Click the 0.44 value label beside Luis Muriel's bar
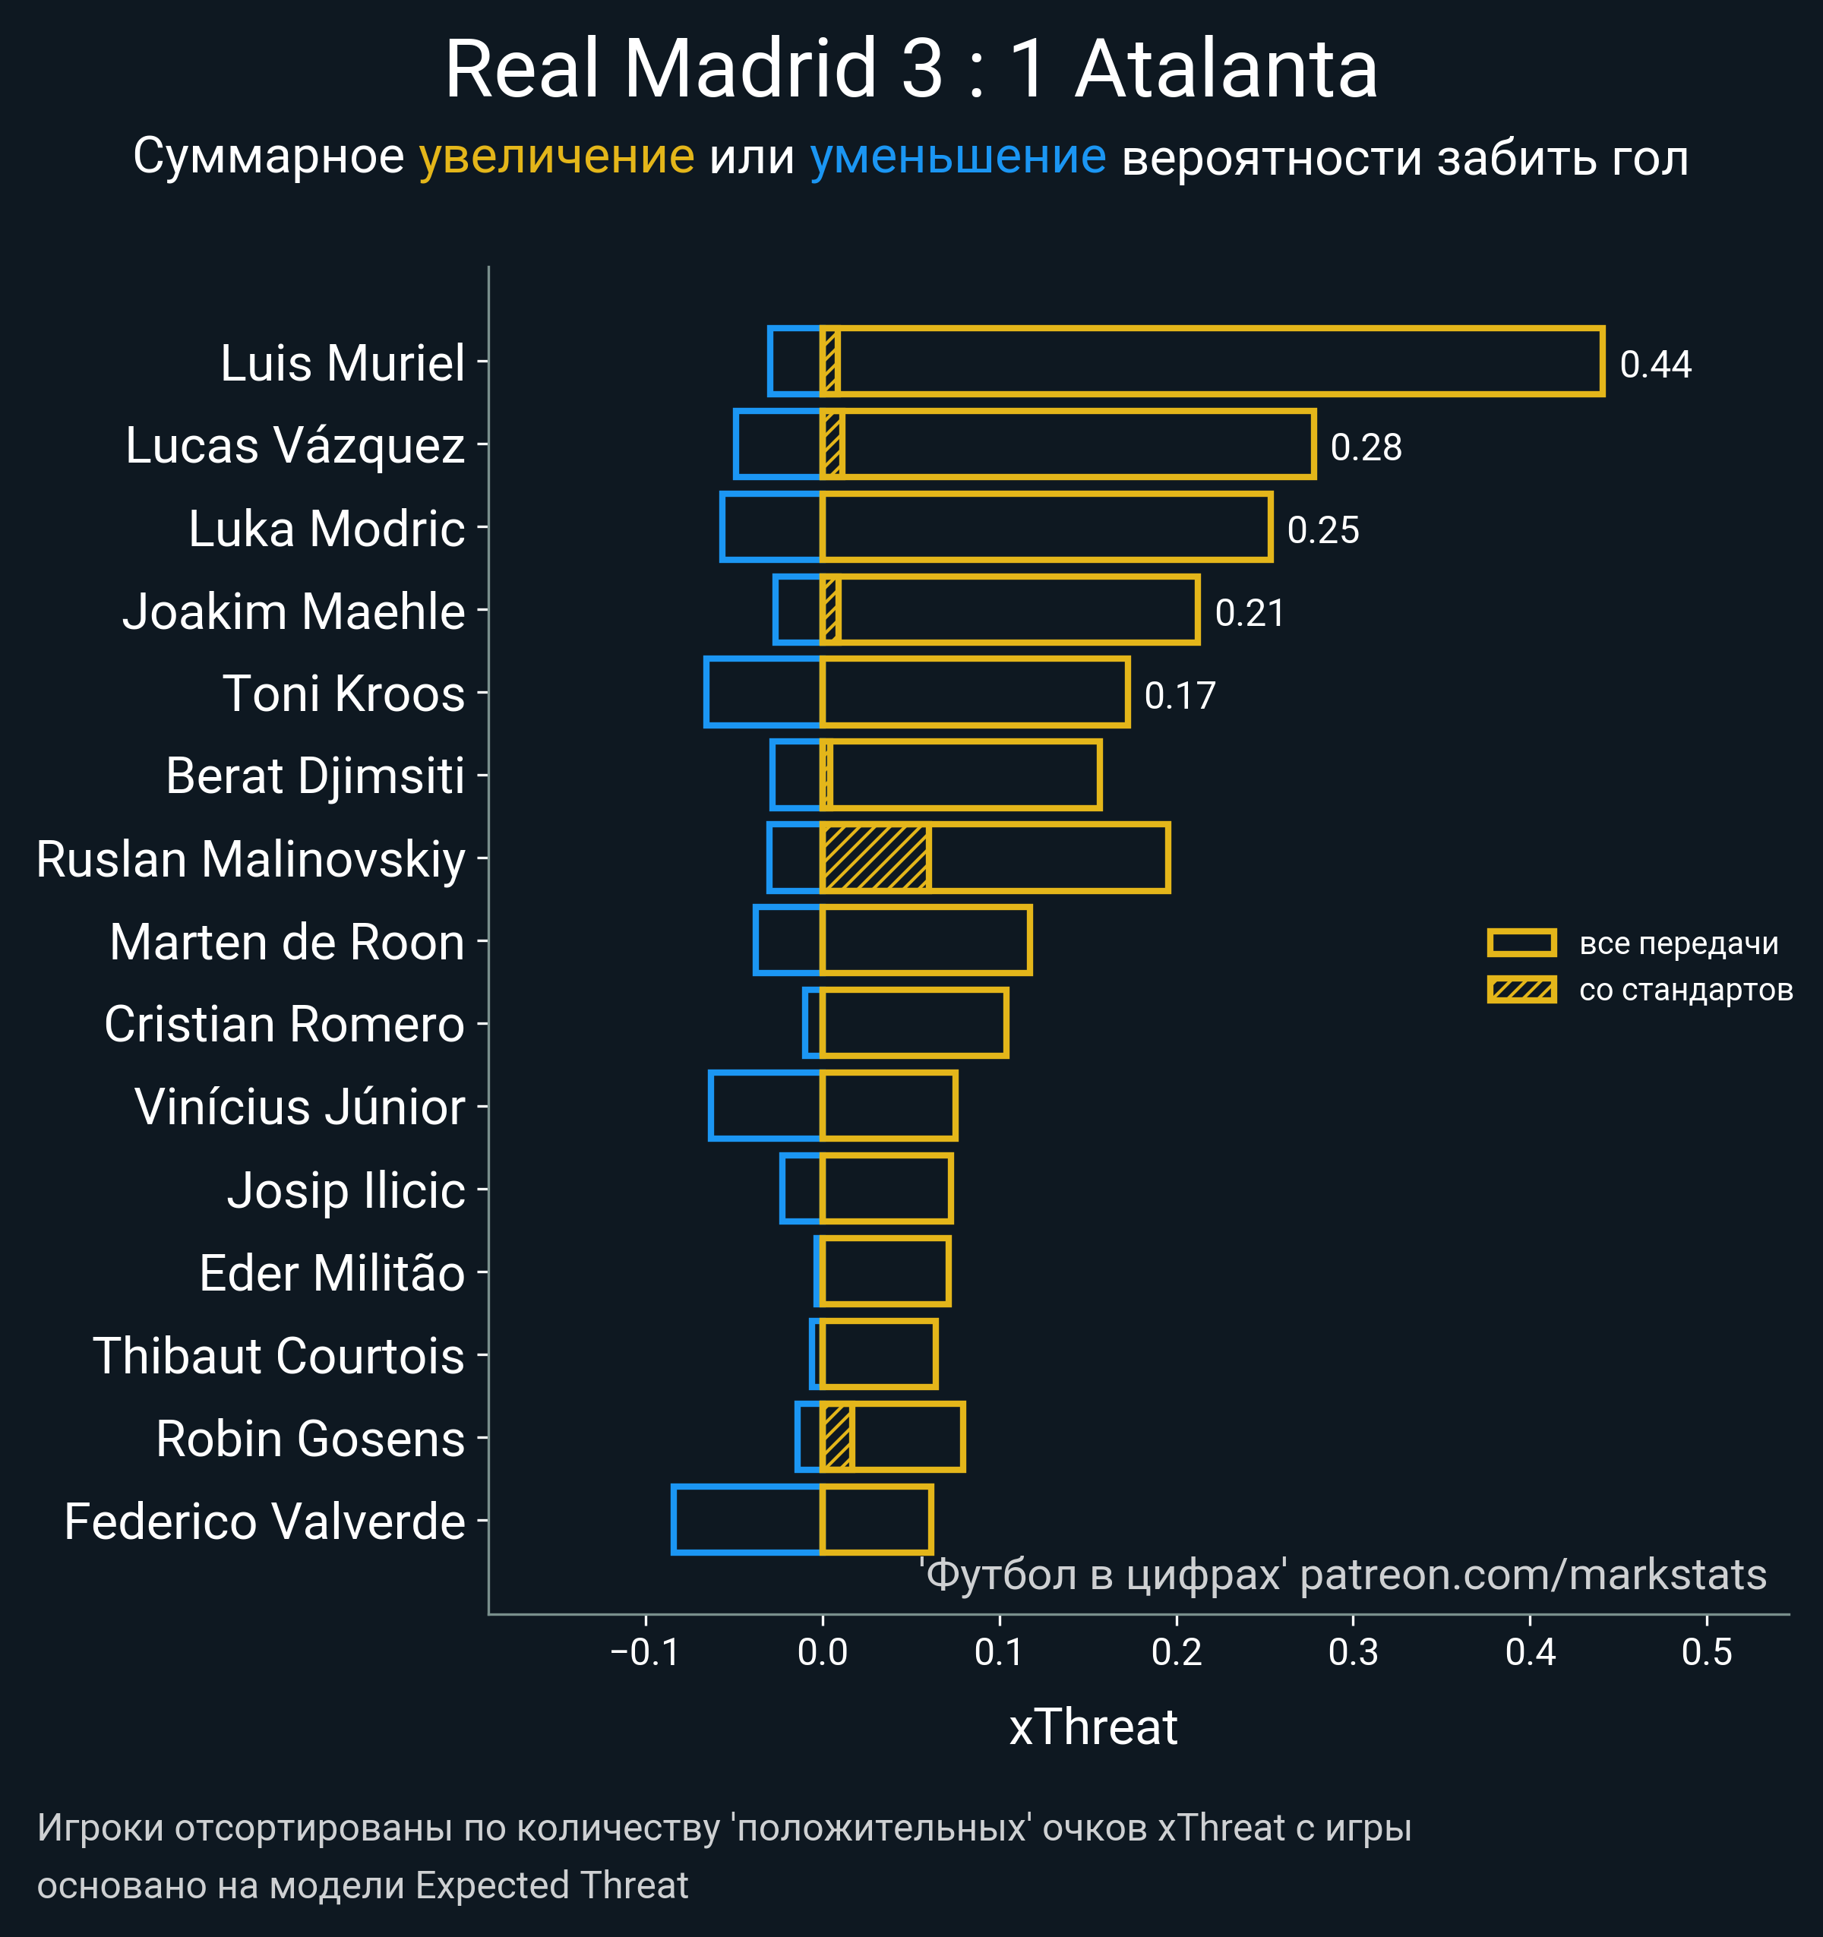click(x=1654, y=365)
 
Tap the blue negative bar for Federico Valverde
click(x=747, y=1520)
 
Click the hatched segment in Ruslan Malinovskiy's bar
click(x=875, y=858)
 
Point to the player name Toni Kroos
click(x=343, y=694)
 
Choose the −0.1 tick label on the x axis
click(x=644, y=1652)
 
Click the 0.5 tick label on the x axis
click(x=1706, y=1652)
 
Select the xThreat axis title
click(x=1092, y=1727)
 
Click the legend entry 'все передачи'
click(x=1678, y=943)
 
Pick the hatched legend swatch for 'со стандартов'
click(x=1521, y=990)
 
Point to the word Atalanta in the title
click(x=1226, y=70)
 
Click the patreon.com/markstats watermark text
click(x=1533, y=1575)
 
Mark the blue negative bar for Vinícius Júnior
click(x=766, y=1106)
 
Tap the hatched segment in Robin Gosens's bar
click(x=838, y=1437)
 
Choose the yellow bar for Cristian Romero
click(x=914, y=1023)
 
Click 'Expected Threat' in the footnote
click(x=551, y=1885)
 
